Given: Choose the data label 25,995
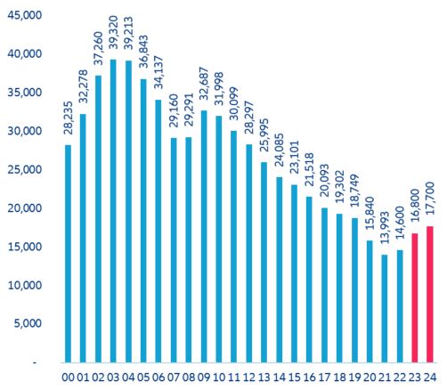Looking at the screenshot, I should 264,138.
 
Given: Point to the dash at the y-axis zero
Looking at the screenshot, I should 38,363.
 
